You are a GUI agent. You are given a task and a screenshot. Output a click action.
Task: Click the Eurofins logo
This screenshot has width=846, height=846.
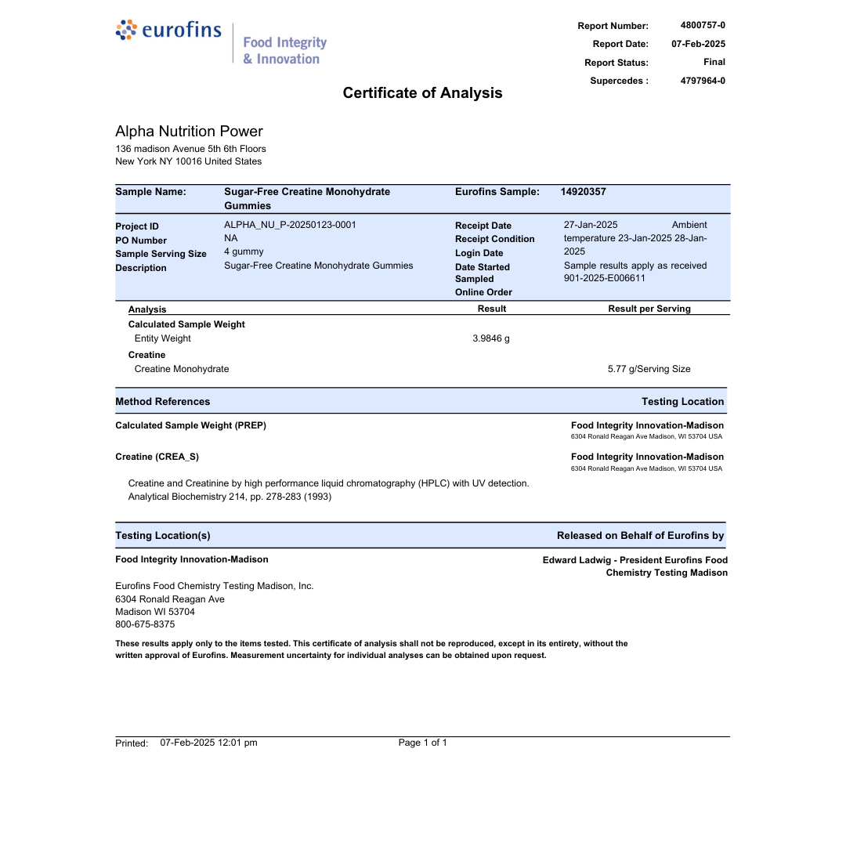(168, 31)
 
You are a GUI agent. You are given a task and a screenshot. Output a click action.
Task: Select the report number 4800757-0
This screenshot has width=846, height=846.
(703, 25)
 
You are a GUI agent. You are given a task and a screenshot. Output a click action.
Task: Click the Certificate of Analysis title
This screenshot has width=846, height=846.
(422, 93)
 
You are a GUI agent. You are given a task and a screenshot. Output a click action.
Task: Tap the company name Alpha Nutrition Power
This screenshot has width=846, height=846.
(189, 132)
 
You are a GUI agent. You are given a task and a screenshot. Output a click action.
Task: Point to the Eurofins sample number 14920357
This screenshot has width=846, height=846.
(583, 192)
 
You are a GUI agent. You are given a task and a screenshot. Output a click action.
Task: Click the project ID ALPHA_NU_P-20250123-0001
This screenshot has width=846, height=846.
(290, 225)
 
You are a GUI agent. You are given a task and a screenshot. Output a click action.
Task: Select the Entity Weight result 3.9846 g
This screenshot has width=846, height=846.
(491, 338)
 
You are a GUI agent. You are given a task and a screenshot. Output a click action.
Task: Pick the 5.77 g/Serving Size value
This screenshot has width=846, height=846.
(649, 369)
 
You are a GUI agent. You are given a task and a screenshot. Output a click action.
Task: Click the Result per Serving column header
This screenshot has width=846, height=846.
(649, 309)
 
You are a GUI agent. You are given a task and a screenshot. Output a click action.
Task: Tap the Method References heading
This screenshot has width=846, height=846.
(163, 402)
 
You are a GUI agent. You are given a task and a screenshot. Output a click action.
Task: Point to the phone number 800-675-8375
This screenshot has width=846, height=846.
(145, 624)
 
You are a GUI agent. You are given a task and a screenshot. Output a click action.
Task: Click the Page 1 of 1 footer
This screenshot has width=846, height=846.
(422, 743)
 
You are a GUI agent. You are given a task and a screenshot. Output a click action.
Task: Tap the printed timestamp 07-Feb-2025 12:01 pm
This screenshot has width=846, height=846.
(208, 743)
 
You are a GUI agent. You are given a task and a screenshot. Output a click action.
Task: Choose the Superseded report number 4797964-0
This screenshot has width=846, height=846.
(703, 81)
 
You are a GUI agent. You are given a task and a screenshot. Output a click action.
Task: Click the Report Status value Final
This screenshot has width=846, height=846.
(714, 62)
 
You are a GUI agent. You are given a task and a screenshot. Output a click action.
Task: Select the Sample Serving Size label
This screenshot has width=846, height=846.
(161, 254)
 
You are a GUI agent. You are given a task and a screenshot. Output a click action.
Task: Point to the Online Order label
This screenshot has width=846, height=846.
(483, 292)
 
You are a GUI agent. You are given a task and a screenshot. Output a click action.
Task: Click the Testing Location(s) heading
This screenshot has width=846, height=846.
(163, 536)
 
